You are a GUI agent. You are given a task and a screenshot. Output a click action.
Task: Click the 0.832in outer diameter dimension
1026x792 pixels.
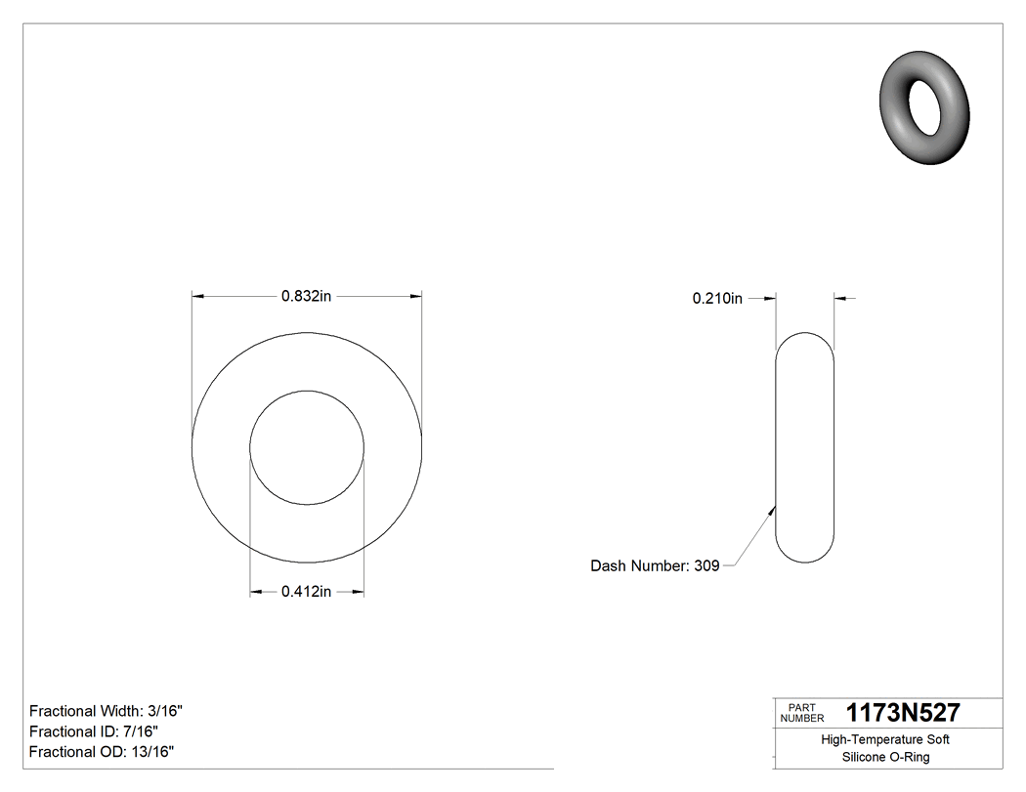tap(307, 296)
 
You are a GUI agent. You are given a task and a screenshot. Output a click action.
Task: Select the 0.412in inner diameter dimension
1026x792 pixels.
tap(307, 592)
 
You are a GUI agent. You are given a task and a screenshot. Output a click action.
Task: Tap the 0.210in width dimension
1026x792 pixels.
tap(717, 299)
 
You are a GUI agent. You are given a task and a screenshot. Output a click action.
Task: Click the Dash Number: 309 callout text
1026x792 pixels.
tap(655, 565)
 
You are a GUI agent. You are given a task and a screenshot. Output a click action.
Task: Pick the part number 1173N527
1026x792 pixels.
tap(903, 713)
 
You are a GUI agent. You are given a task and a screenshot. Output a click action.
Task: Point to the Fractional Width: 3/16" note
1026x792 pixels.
tap(107, 711)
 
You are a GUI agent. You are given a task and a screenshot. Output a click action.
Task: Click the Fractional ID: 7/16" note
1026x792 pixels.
tap(94, 731)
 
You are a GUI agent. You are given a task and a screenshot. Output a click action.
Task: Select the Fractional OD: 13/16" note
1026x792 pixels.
tap(102, 752)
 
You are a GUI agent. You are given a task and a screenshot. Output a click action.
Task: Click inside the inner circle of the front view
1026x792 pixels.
tap(307, 448)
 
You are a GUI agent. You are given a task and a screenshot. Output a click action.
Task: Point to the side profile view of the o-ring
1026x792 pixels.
tap(805, 447)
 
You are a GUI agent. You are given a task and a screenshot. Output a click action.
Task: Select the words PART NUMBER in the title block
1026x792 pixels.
tap(802, 713)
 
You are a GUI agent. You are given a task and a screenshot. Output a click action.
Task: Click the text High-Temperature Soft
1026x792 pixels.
tap(885, 739)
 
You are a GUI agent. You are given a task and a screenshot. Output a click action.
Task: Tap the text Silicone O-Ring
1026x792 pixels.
tap(885, 757)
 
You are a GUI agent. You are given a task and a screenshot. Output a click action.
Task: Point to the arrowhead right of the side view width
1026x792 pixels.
tap(839, 298)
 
